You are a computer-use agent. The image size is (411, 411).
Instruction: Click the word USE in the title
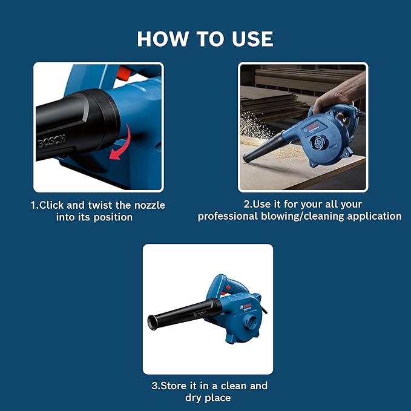tap(249, 39)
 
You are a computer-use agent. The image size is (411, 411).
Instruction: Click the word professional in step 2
tap(227, 216)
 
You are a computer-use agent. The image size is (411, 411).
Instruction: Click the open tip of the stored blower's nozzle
tap(152, 322)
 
